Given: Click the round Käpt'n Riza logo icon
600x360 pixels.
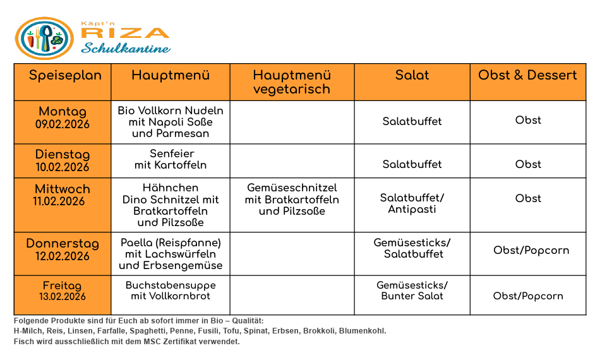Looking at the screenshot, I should pos(44,39).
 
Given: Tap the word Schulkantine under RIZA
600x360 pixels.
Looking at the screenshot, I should pos(126,49).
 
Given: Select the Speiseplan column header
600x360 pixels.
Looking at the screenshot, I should pos(65,76).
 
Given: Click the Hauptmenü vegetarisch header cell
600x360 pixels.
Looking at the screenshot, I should pos(291,82).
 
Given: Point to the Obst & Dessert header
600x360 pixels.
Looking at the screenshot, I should pos(527,76).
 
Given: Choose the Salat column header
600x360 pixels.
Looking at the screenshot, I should pos(412,76).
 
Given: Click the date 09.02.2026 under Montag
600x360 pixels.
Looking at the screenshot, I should pos(63,124).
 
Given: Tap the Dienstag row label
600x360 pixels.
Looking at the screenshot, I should pos(63,155).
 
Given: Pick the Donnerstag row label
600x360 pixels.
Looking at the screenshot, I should pos(63,244).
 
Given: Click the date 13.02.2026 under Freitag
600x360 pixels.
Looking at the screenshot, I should pos(63,297).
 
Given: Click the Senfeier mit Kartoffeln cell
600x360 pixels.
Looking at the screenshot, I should pos(171,160).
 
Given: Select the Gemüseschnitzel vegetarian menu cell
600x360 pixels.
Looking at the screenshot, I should pos(292,200).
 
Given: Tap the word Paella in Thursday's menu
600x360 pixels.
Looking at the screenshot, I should pos(137,243).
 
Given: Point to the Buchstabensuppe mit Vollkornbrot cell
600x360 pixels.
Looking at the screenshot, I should pos(171,291).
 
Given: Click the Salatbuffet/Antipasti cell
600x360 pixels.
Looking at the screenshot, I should pos(412,204).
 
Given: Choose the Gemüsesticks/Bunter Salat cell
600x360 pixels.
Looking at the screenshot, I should pos(412,291).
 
